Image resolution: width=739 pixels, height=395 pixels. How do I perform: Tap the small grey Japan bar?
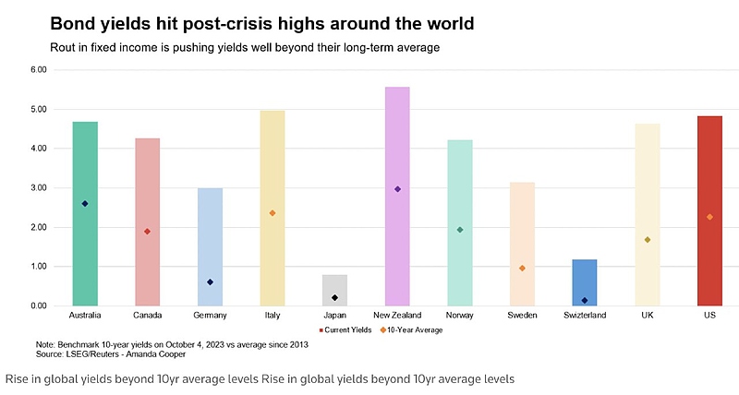334,290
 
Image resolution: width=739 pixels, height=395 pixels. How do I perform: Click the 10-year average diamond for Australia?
85,204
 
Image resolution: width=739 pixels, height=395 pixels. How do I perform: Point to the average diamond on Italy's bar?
273,213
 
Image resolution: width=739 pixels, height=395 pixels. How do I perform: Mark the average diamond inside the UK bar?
648,240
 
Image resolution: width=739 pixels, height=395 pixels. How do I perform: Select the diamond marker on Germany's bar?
210,282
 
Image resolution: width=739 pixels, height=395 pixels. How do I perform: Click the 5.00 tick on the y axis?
38,109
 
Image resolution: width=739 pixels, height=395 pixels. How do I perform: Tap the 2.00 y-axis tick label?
38,227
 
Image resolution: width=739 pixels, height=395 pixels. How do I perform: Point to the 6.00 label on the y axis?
38,69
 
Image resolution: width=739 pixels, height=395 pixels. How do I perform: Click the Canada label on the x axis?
147,316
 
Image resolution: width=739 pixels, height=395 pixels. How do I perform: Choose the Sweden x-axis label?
522,316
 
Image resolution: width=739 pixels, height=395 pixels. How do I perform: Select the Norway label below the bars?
460,316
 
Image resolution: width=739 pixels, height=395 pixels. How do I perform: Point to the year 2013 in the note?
297,344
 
